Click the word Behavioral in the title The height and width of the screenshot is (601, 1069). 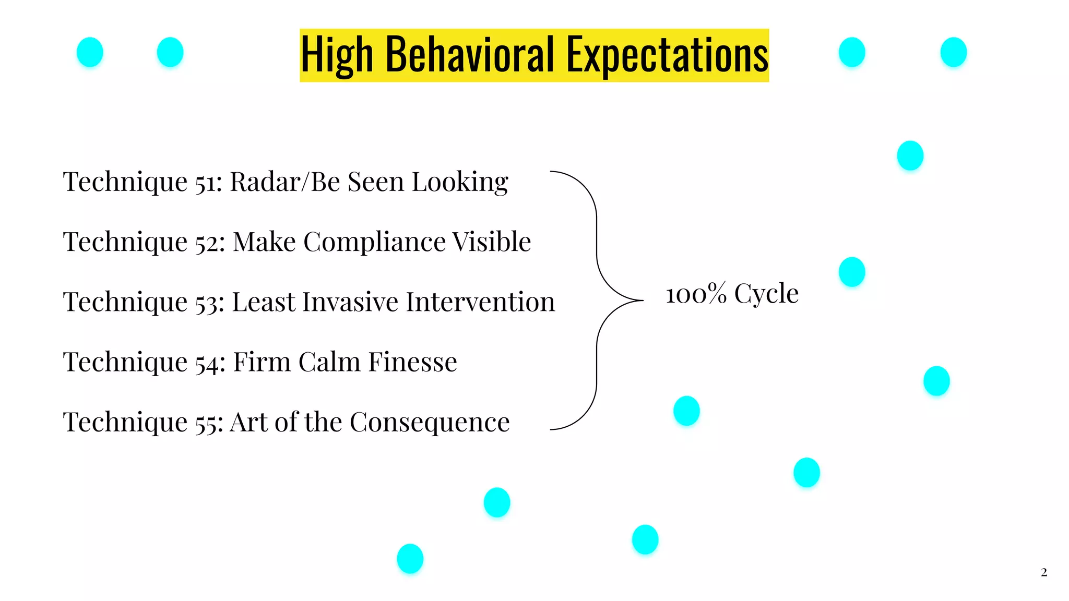[469, 55]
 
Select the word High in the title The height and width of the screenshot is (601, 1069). [337, 55]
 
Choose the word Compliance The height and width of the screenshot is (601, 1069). [374, 242]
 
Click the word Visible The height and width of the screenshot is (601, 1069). [491, 242]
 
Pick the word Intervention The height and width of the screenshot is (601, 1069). [480, 302]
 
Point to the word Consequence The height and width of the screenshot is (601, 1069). [429, 423]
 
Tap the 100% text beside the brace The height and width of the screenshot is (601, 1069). [696, 294]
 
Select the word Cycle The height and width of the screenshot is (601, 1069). [766, 294]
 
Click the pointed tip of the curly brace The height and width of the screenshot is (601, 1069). [642, 300]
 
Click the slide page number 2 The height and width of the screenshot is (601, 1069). [1043, 572]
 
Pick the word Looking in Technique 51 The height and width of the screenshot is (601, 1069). [459, 183]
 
